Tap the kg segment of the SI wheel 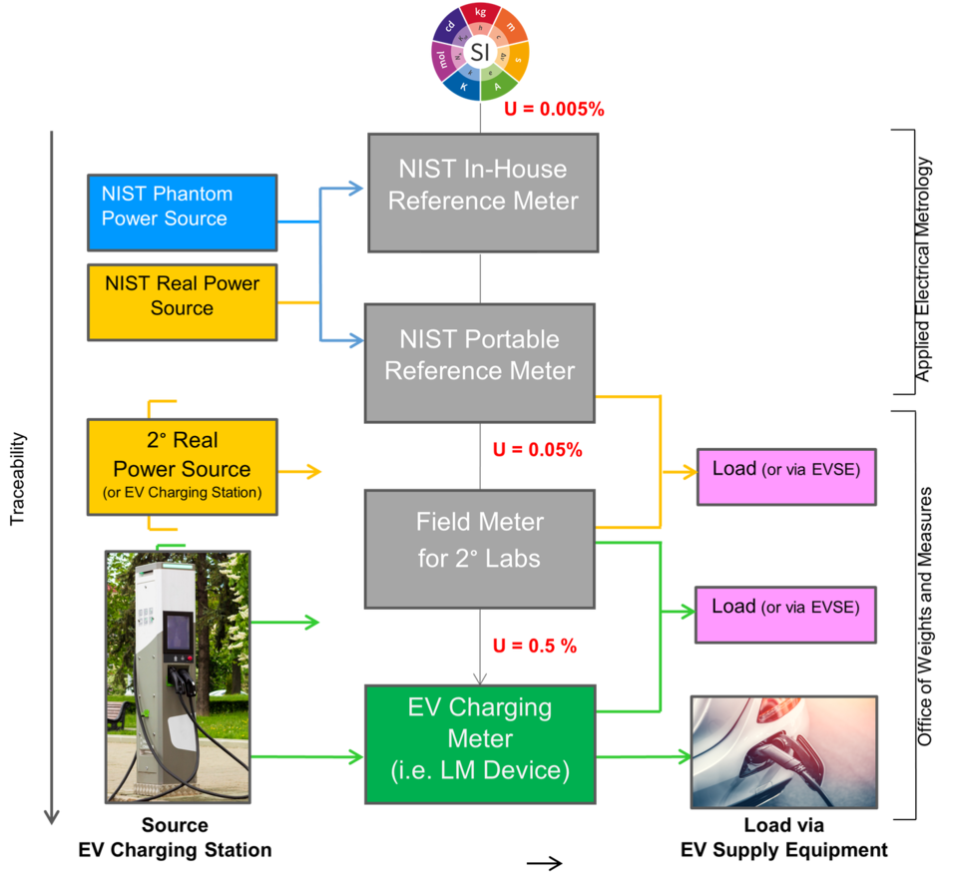coord(480,14)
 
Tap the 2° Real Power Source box coord(181,467)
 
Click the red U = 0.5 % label coord(534,647)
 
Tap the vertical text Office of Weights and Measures coord(925,617)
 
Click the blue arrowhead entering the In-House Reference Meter coord(356,187)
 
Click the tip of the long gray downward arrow coord(51,818)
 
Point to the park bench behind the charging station coord(119,715)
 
